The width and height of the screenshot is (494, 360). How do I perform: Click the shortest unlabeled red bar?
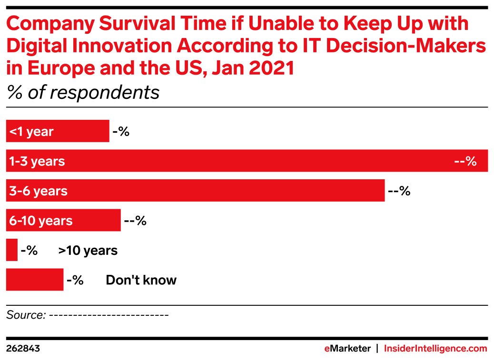tap(11, 250)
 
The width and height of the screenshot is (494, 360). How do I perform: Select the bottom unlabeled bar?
tap(34, 280)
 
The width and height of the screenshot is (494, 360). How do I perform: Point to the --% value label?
tap(465, 161)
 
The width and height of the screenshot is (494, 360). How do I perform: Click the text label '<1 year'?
tap(31, 132)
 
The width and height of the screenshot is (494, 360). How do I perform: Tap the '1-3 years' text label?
tap(37, 161)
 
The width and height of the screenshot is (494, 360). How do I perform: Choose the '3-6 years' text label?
tap(38, 191)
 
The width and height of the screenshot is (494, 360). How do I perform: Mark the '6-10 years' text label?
tap(41, 221)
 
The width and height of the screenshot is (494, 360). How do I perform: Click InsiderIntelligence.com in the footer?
tap(435, 349)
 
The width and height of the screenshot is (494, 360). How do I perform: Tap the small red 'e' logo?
tap(327, 349)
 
